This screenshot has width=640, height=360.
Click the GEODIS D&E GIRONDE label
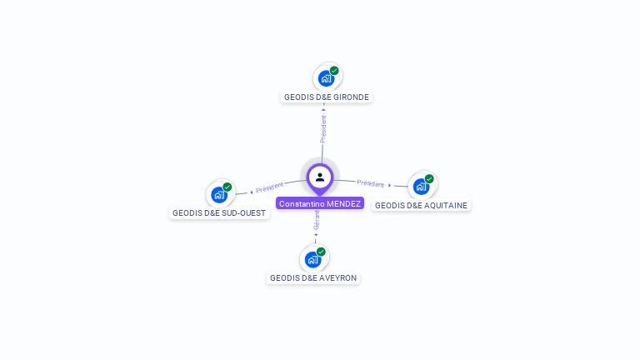click(326, 97)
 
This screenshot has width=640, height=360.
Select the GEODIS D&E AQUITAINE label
click(421, 205)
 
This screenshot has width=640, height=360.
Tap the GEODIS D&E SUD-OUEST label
click(219, 212)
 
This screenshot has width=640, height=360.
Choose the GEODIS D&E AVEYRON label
click(313, 277)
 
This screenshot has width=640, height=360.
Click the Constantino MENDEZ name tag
click(320, 203)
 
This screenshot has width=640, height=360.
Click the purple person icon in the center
click(320, 177)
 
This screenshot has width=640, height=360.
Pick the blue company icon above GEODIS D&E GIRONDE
click(326, 78)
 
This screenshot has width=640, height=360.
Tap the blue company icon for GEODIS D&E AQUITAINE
click(421, 187)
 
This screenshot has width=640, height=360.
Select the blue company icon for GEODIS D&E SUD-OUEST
click(218, 195)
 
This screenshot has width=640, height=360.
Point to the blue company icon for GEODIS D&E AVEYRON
click(312, 259)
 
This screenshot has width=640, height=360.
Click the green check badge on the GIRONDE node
click(334, 71)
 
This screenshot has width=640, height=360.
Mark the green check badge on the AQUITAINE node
click(429, 178)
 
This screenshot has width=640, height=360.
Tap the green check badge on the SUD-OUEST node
click(227, 187)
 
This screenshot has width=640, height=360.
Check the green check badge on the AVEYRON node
click(321, 252)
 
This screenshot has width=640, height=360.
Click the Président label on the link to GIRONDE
click(323, 127)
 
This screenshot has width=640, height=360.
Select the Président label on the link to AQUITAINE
click(371, 183)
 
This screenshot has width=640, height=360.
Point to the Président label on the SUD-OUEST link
click(270, 188)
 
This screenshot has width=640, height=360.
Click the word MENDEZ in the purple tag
click(344, 203)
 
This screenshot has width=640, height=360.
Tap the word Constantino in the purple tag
click(302, 203)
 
